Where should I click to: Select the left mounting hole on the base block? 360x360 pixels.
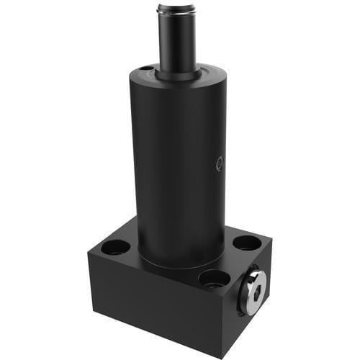[116, 247]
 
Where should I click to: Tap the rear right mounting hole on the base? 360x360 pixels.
[247, 243]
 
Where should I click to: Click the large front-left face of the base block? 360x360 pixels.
[151, 302]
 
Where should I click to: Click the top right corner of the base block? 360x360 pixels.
[271, 238]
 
